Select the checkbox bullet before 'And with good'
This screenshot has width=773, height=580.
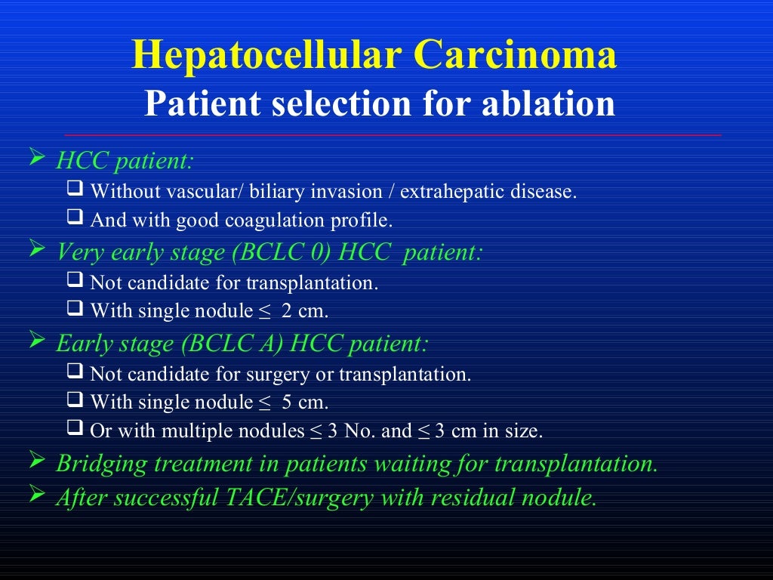point(74,220)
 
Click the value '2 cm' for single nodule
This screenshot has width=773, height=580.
point(304,311)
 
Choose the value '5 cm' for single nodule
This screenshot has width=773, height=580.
point(304,402)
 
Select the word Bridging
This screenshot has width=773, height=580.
point(103,464)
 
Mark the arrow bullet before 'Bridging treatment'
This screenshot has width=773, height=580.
point(37,461)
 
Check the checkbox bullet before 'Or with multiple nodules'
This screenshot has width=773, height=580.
point(74,430)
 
